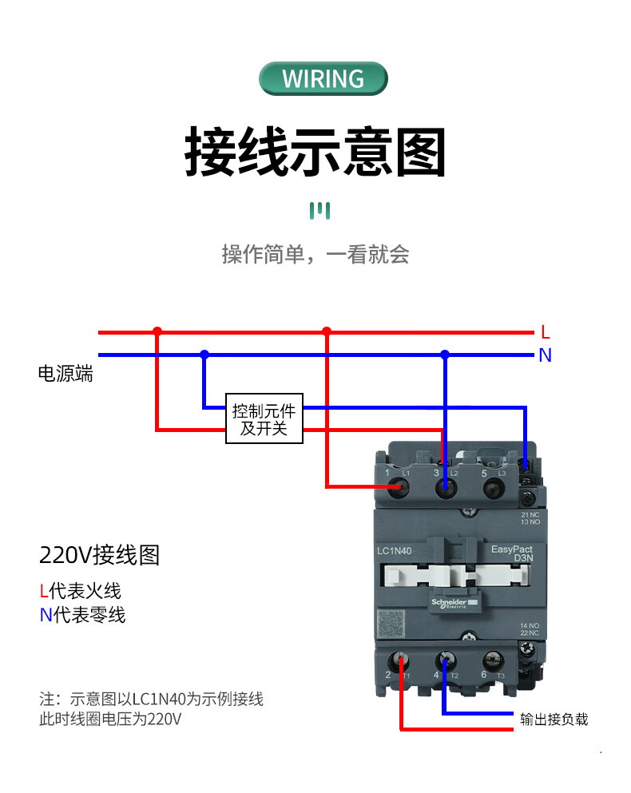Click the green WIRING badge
tap(323, 79)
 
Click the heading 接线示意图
tap(315, 151)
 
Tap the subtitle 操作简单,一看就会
tap(315, 255)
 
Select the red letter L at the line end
tap(546, 332)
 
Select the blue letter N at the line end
tap(546, 355)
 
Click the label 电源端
tap(65, 374)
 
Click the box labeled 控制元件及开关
tap(264, 420)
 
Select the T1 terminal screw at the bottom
tap(400, 663)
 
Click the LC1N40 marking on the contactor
tap(393, 550)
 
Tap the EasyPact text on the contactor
tap(513, 549)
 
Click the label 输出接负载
tap(554, 720)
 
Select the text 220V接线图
tap(100, 555)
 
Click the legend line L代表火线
tap(81, 591)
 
